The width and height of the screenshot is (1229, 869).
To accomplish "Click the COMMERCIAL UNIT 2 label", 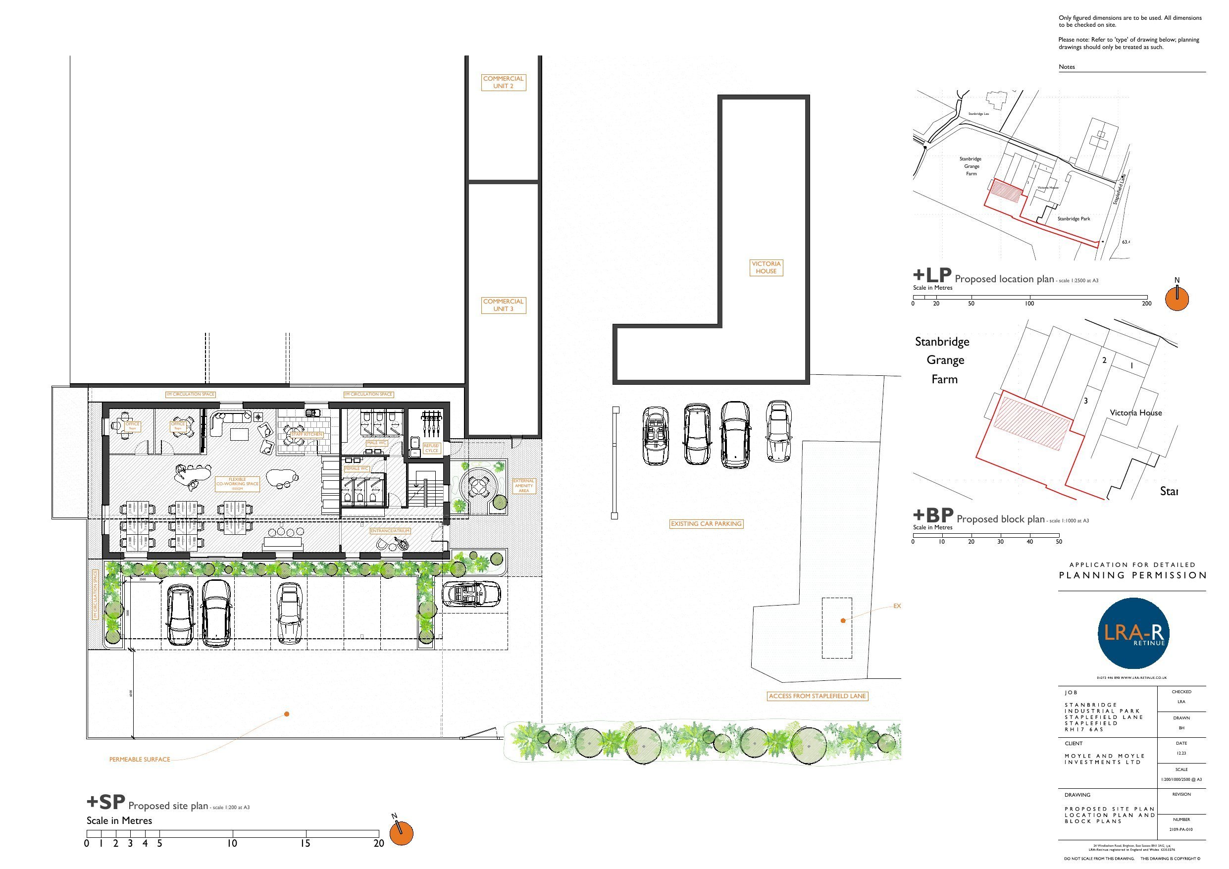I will coord(503,82).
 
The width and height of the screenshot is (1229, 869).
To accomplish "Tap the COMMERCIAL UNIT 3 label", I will coord(503,305).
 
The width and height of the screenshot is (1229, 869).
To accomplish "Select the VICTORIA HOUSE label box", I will coord(766,267).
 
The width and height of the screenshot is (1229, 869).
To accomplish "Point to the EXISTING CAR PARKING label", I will coord(706,524).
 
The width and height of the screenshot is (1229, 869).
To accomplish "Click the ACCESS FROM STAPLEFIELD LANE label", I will coord(817,696).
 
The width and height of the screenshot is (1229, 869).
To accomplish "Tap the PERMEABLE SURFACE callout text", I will coord(139,759).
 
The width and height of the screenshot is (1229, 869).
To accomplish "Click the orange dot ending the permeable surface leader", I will coord(287,714).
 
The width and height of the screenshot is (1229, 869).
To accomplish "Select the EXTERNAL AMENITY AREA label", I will coord(523,486).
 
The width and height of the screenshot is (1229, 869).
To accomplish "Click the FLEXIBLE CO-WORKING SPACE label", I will coord(237,483).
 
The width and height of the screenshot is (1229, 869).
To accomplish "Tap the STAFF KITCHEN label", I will coord(307,434).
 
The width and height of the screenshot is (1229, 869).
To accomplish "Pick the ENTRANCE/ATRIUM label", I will coord(390,531).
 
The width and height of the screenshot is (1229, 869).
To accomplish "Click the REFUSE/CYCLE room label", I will coord(431,448).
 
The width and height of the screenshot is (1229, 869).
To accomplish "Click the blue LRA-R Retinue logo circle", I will coord(1132,633).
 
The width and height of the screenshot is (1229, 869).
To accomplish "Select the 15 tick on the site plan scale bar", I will coord(306,843).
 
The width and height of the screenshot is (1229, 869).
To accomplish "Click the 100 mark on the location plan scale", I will coord(1029,304).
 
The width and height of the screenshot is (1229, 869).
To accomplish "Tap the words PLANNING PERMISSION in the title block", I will coord(1132,575).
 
